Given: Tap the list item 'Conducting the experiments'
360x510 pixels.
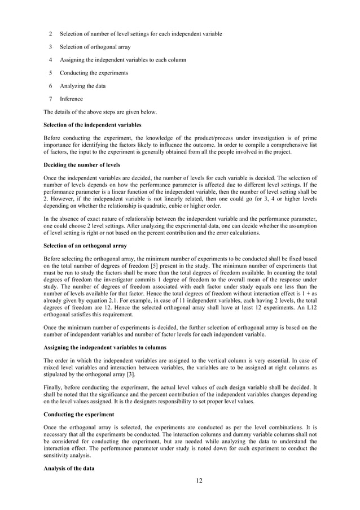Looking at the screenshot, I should [x=94, y=73].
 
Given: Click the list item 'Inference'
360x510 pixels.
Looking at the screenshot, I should [x=71, y=99].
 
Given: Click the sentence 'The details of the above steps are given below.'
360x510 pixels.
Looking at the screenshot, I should [x=100, y=112].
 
